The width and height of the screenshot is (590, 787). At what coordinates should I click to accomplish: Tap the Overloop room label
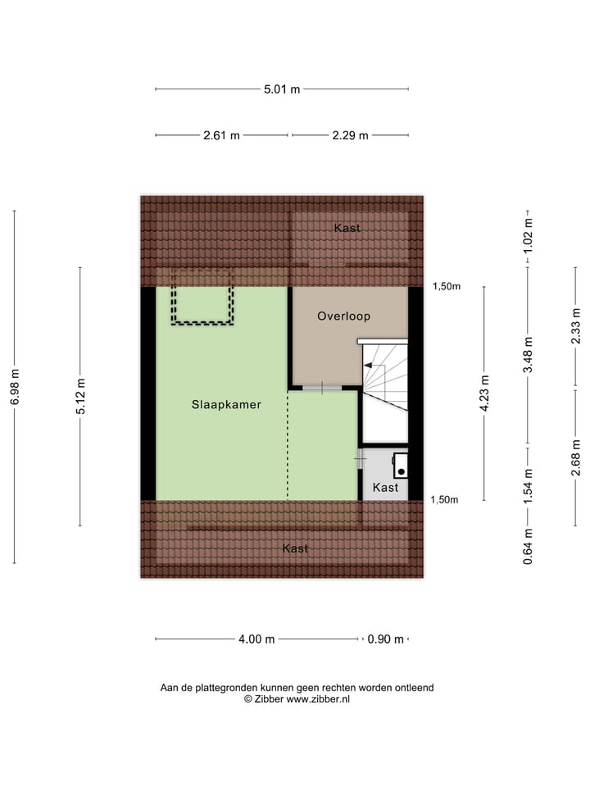344,316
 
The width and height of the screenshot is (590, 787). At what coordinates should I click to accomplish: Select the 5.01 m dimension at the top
281,89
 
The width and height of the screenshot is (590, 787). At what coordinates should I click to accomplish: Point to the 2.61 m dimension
221,135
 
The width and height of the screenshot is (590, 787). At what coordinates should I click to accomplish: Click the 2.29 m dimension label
350,135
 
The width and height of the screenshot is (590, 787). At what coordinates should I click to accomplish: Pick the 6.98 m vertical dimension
15,386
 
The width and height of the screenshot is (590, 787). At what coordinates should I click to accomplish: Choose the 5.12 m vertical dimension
80,396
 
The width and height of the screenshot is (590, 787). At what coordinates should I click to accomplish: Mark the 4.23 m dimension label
485,393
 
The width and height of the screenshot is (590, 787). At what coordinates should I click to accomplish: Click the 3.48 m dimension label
529,355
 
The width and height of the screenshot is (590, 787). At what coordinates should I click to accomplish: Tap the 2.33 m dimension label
576,326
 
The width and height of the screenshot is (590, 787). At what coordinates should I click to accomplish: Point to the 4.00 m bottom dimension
257,639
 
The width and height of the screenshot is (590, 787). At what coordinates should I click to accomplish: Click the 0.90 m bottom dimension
386,639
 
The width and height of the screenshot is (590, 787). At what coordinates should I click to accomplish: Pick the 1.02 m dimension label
529,233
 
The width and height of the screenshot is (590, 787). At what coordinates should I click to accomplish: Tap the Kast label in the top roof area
347,228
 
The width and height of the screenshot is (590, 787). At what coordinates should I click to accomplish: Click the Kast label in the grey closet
385,488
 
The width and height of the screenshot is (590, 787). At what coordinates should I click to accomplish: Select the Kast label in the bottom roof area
295,548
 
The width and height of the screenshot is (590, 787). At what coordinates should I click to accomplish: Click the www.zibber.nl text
318,699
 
